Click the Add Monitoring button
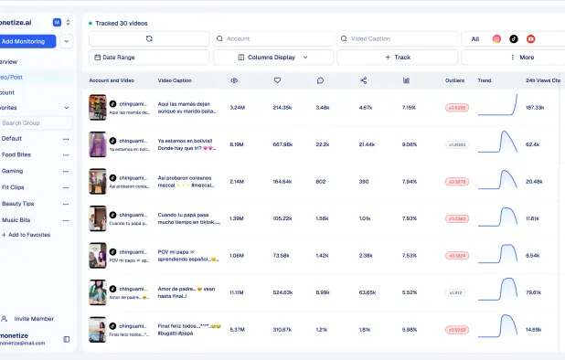coord(27,41)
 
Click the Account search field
coord(274,39)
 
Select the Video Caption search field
coord(398,39)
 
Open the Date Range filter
coord(149,57)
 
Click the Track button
coord(397,57)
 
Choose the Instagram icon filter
coord(496,39)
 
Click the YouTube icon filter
coord(530,39)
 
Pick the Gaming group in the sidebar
coord(13,171)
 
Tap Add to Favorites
coord(27,235)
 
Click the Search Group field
coord(32,122)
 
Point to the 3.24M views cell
coord(238,108)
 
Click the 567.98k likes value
coord(282,144)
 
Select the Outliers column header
coord(456,80)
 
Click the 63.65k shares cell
coord(368,292)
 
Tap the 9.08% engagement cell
coord(409,144)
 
